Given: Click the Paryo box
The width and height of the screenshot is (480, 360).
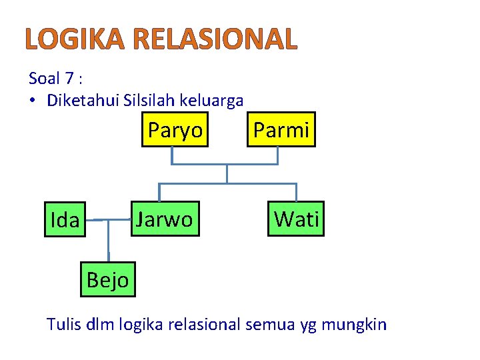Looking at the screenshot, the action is click(x=175, y=130).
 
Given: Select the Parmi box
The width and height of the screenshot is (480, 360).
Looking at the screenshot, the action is click(x=281, y=130).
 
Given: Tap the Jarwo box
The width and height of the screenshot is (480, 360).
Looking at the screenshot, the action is click(x=164, y=219).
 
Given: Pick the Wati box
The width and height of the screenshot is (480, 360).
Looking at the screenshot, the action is click(x=297, y=219).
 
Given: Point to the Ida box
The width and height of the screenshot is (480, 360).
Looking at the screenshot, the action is click(x=65, y=220).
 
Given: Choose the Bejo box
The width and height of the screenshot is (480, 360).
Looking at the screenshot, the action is click(x=107, y=280).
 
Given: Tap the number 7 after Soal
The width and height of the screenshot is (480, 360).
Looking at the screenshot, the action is click(x=69, y=79).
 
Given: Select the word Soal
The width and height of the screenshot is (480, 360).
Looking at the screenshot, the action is click(x=45, y=79).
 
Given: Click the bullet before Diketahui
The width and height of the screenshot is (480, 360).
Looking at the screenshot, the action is click(x=33, y=101).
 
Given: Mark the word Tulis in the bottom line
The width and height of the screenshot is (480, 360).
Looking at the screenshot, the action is click(x=61, y=325).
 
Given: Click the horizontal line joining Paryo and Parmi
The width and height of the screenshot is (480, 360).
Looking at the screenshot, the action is click(x=225, y=164).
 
